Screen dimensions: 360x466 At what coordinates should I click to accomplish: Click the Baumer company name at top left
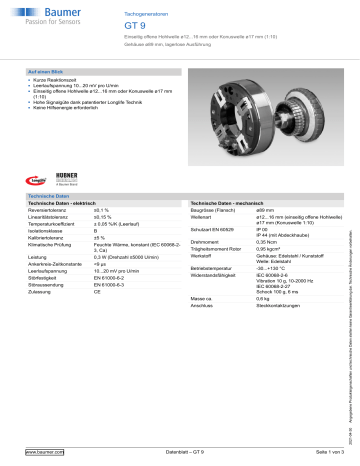click(x=43, y=11)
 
